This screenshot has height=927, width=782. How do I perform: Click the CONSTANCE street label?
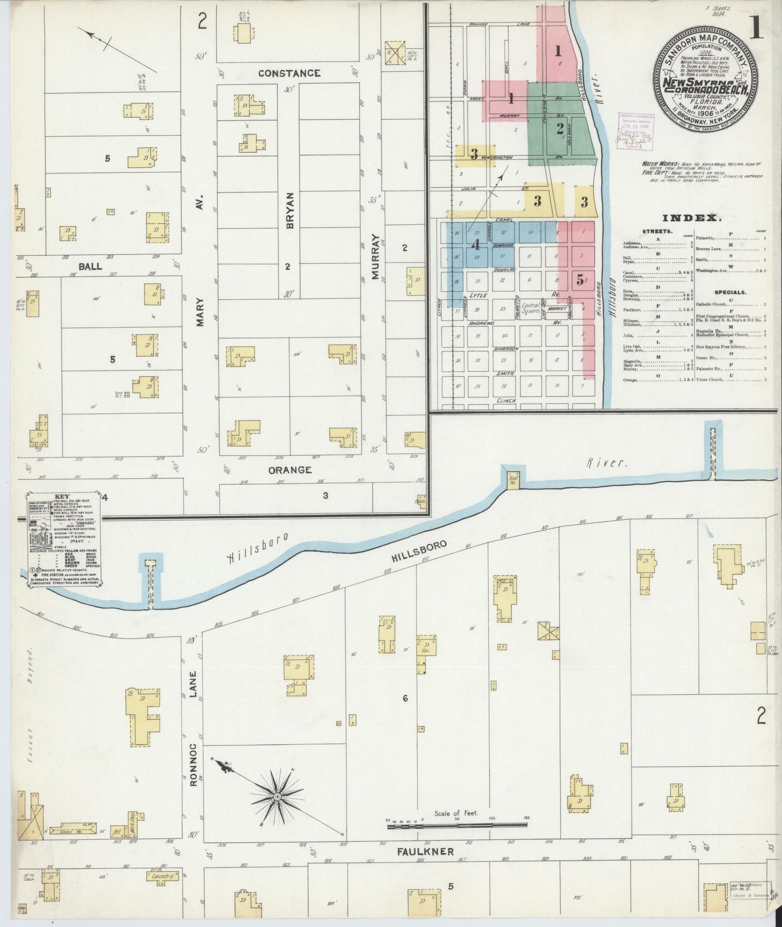288,72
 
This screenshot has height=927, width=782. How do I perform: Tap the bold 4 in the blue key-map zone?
476,244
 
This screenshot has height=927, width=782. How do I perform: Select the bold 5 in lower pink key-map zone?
580,280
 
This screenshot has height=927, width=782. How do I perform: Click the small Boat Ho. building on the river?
511,479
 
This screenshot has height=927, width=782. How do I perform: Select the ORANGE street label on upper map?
290,469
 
